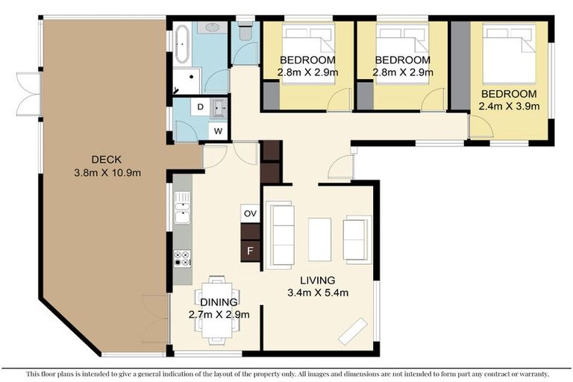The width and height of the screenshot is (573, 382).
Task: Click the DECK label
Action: pyautogui.click(x=107, y=159)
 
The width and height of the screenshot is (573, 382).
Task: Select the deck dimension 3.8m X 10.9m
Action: pyautogui.click(x=107, y=172)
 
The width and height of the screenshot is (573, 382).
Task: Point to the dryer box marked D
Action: pyautogui.click(x=199, y=107)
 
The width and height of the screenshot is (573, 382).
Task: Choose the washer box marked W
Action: pyautogui.click(x=219, y=131)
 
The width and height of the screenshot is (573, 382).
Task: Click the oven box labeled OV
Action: pyautogui.click(x=250, y=213)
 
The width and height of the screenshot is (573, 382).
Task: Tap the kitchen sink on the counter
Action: pyautogui.click(x=182, y=207)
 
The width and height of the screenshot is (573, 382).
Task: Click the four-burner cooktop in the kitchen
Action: pyautogui.click(x=182, y=258)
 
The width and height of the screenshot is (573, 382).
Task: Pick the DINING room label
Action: pyautogui.click(x=219, y=301)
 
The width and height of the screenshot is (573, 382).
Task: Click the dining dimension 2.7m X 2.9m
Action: pyautogui.click(x=219, y=314)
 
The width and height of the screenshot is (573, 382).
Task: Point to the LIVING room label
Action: pyautogui.click(x=317, y=281)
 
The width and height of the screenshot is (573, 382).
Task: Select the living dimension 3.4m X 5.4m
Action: pyautogui.click(x=317, y=293)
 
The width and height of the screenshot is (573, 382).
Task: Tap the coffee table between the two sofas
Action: pyautogui.click(x=319, y=239)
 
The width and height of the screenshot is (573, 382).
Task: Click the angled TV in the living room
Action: pyautogui.click(x=353, y=331)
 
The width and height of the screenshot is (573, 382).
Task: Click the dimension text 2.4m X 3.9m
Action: pyautogui.click(x=509, y=107)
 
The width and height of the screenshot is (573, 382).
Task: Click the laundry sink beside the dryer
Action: pyautogui.click(x=219, y=108)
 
